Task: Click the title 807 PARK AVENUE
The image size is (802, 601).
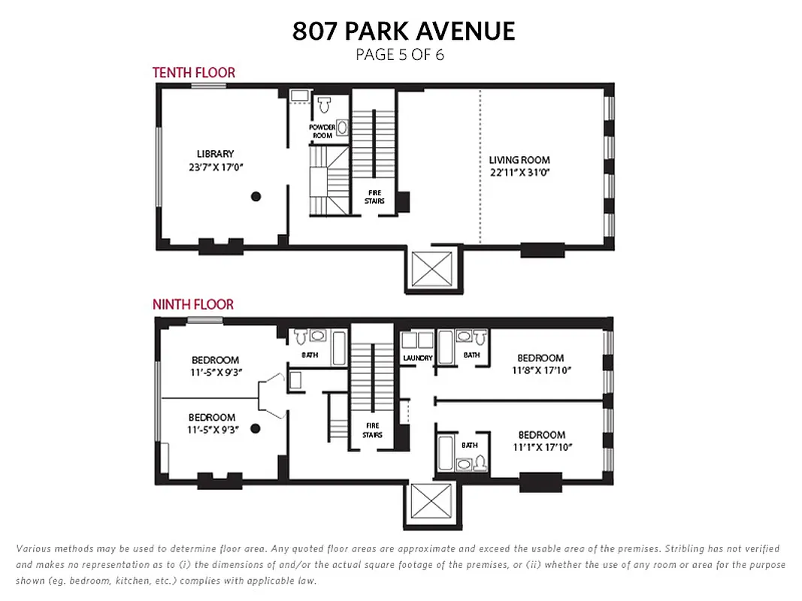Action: (404, 31)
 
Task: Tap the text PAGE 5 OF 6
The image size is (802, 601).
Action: (399, 55)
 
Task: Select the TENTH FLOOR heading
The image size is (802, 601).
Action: (193, 72)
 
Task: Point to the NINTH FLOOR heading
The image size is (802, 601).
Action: (192, 304)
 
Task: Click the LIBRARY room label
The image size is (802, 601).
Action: (215, 154)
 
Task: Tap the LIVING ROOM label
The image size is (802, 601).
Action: (519, 160)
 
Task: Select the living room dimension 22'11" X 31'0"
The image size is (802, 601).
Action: (519, 173)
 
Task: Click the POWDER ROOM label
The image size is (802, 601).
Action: (322, 131)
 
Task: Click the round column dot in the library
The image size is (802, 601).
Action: (256, 196)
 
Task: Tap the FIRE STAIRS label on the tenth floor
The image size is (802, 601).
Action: (374, 197)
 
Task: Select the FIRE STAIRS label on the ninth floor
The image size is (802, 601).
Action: (372, 430)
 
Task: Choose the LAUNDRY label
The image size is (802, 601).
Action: (417, 358)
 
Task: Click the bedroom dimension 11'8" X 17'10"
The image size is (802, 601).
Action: (540, 371)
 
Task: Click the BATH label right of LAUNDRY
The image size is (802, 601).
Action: (471, 355)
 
